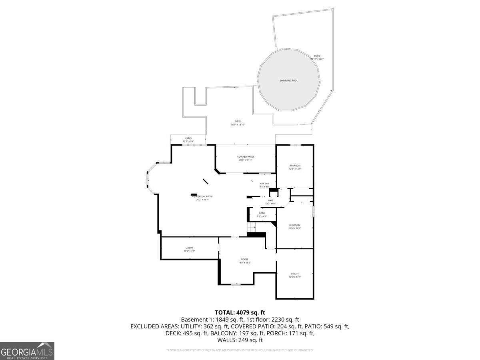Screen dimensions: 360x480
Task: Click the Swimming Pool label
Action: tap(288, 81)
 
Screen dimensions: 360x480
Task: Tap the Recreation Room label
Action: tap(202, 198)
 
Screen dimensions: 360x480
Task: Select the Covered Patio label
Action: tap(245, 158)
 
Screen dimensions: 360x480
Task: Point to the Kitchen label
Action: tap(264, 185)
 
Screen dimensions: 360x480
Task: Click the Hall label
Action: tap(271, 202)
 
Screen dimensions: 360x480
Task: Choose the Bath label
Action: tap(262, 214)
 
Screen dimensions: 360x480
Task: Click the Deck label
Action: tap(238, 123)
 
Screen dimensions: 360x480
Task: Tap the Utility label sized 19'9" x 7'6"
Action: tap(189, 249)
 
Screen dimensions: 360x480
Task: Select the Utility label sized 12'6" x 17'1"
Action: tap(295, 275)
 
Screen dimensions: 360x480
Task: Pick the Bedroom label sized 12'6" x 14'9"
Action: tap(295, 167)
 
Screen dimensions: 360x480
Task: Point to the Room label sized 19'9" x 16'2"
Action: tap(244, 261)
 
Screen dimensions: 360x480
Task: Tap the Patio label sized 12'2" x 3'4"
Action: tap(188, 140)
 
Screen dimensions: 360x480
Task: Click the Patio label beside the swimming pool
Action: tap(317, 57)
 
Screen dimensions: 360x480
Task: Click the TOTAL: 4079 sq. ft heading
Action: tap(240, 312)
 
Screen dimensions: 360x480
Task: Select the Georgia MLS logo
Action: tap(27, 351)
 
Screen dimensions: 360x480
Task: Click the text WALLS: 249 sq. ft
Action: tap(240, 340)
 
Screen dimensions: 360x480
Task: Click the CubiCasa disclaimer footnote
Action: tap(240, 350)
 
